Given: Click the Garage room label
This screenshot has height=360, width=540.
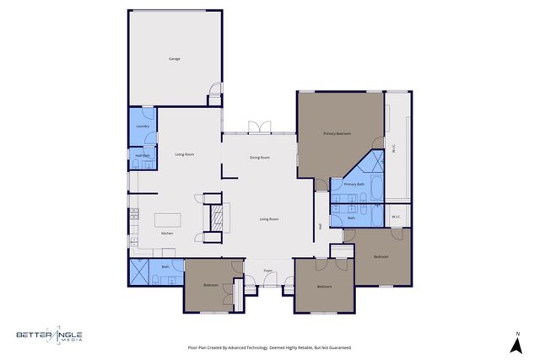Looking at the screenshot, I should (x=175, y=58).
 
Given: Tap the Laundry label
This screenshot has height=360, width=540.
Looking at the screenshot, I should (x=143, y=126).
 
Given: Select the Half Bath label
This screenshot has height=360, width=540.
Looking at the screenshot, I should (x=142, y=155).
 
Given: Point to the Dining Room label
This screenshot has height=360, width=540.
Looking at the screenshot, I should (x=259, y=158).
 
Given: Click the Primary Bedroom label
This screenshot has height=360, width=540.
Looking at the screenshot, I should (x=337, y=133).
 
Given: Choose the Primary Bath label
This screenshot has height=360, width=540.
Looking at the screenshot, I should (x=354, y=183).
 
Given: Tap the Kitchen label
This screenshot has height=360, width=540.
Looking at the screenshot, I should (x=166, y=233).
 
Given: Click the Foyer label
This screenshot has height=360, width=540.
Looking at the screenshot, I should (x=267, y=271).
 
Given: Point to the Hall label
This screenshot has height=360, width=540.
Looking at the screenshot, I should (x=321, y=226).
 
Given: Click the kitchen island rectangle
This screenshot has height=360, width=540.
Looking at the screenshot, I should (x=168, y=208).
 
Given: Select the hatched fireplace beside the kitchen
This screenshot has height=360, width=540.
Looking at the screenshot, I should (x=215, y=218).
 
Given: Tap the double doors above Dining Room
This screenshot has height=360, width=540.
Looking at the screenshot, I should (x=259, y=127).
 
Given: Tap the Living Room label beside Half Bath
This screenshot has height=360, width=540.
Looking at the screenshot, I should (x=185, y=154).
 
